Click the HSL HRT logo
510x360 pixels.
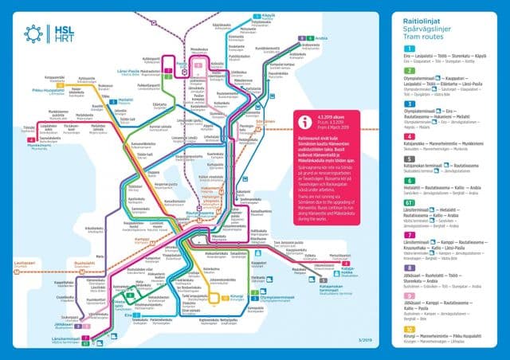[49, 33]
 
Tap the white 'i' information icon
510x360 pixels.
[304, 121]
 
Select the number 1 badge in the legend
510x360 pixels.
[409, 49]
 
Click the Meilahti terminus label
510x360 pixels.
[126, 100]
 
